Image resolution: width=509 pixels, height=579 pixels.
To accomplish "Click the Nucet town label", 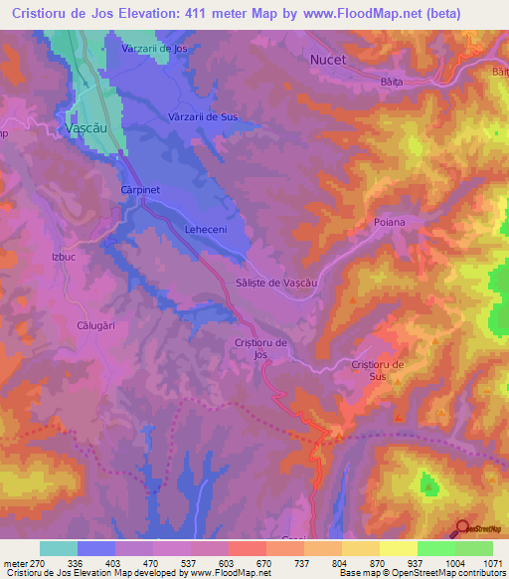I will coord(327,60).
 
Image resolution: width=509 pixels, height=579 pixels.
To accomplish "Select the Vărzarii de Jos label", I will coord(154,49).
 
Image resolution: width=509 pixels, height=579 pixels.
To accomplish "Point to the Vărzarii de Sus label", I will coord(203,117).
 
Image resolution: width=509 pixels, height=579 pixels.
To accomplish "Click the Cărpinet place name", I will coord(140,188).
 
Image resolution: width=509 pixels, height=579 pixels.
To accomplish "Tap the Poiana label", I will coord(390,222).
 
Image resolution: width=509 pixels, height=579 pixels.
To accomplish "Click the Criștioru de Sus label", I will coord(377,371).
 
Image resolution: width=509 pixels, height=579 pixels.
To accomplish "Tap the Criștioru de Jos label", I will coord(260,348).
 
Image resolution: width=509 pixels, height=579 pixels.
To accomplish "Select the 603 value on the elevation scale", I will coord(228,563).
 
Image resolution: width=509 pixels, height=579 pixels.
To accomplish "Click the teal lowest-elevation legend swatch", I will coord(59,548).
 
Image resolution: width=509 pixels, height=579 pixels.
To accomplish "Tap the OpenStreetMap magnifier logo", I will coord(463,531).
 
